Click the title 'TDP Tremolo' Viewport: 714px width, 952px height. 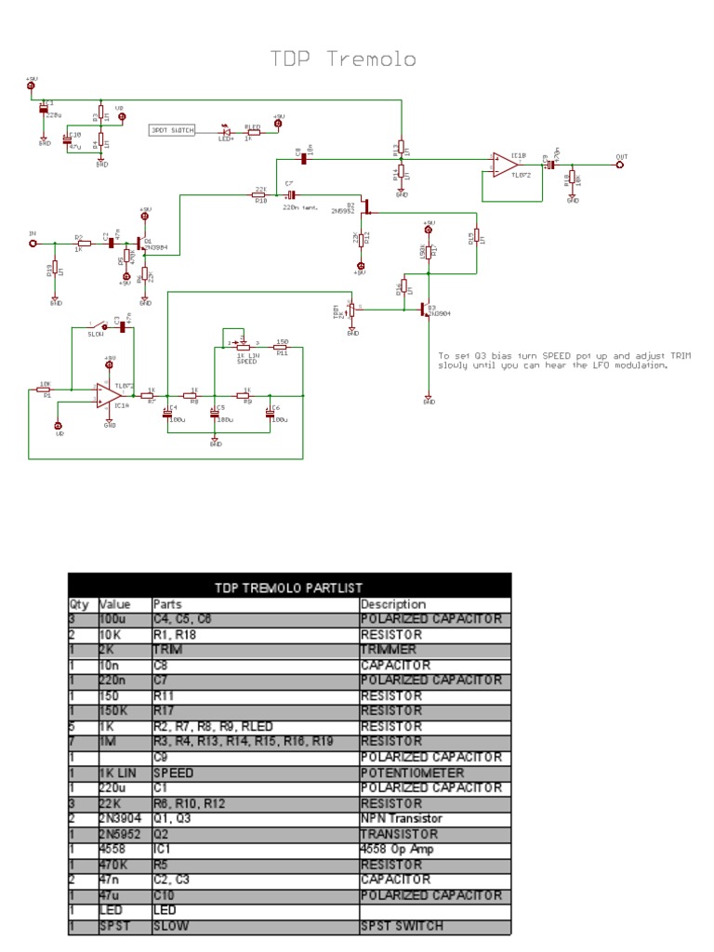click(343, 59)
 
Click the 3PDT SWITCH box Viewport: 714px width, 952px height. click(172, 131)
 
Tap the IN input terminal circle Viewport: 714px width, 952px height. click(34, 243)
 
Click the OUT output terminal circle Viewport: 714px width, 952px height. click(620, 165)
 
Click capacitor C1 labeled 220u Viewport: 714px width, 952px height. click(43, 110)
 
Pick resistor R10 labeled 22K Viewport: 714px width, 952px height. click(260, 194)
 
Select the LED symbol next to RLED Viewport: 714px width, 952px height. click(225, 131)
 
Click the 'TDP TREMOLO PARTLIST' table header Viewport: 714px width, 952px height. click(288, 588)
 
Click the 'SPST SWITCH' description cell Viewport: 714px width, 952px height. click(401, 925)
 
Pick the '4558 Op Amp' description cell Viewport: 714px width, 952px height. click(399, 849)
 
